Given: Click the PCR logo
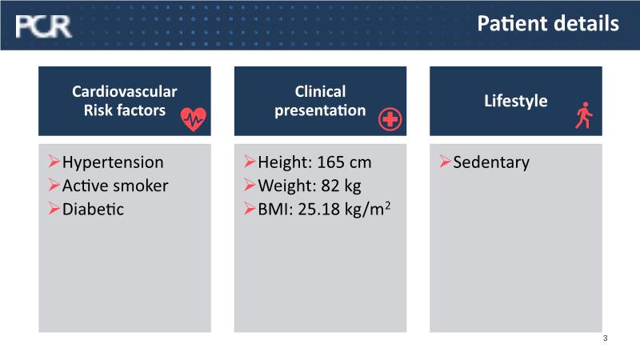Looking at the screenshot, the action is click(x=43, y=26).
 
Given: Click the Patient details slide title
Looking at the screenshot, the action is click(x=548, y=23).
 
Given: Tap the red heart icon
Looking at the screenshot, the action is click(x=194, y=119).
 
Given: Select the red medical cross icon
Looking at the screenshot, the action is click(x=390, y=119).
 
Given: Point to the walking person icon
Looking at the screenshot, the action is click(x=584, y=115).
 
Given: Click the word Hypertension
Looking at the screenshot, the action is click(x=113, y=162).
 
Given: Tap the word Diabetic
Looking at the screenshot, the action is click(x=93, y=209).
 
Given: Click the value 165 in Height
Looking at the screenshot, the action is click(x=330, y=162).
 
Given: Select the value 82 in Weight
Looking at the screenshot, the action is click(x=330, y=186).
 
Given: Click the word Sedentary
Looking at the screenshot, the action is click(x=491, y=162).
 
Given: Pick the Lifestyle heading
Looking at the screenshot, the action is click(x=516, y=101).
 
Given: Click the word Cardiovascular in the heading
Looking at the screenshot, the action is click(x=125, y=91).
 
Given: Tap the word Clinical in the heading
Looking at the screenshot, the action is click(x=321, y=91).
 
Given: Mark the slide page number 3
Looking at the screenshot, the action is click(x=606, y=338).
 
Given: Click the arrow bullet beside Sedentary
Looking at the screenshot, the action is click(x=446, y=162).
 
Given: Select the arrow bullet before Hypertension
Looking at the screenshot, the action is click(x=54, y=162).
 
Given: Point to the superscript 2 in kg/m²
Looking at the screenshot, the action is click(x=387, y=205).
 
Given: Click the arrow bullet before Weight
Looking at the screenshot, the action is click(x=250, y=185).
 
